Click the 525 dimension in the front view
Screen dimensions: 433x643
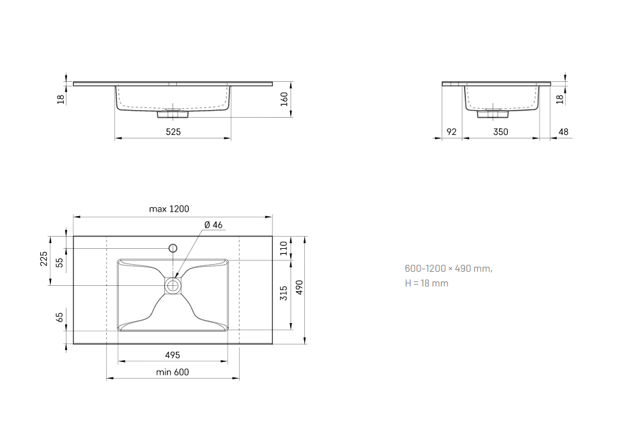tap(173, 132)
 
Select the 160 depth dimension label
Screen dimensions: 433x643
tap(285, 99)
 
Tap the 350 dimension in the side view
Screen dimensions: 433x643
tap(500, 132)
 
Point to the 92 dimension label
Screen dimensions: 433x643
tap(451, 132)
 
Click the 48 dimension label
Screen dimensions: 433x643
tap(563, 132)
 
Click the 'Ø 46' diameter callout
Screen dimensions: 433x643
tap(213, 224)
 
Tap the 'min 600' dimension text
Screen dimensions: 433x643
tap(173, 372)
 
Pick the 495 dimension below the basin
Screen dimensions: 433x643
tap(173, 355)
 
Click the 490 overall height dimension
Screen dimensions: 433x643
tap(298, 289)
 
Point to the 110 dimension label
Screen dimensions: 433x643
tap(284, 248)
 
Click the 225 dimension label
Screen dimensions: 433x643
tap(44, 259)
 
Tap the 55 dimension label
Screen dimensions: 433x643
tap(60, 262)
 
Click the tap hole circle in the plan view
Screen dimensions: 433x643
tap(172, 248)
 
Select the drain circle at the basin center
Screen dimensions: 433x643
tap(173, 285)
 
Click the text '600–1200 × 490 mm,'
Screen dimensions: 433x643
tap(448, 269)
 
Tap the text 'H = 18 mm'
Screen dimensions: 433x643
tap(426, 283)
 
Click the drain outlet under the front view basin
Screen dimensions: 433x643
tap(173, 115)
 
